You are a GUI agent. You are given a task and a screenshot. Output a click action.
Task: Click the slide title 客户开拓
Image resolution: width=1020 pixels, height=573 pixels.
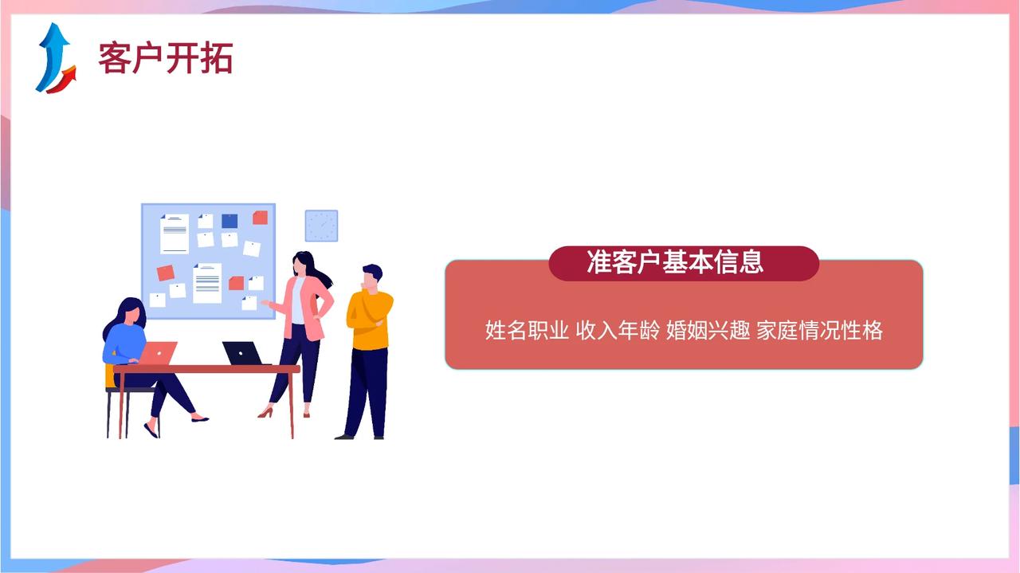click(165, 58)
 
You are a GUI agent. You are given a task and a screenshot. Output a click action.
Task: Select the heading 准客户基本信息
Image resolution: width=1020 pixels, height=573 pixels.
click(675, 262)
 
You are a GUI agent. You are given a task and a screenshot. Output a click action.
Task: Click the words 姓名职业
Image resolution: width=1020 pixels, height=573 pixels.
click(527, 330)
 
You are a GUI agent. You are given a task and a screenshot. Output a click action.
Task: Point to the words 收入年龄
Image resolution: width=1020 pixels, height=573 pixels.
click(618, 330)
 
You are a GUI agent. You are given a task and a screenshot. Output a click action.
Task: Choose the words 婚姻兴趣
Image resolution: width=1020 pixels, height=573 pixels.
click(708, 330)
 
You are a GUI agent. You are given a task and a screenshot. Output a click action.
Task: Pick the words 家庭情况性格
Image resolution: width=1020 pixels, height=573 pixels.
click(820, 330)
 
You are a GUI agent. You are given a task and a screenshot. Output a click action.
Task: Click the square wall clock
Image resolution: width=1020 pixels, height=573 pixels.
click(321, 226)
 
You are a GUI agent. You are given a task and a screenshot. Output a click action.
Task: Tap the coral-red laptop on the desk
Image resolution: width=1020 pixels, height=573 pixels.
click(157, 353)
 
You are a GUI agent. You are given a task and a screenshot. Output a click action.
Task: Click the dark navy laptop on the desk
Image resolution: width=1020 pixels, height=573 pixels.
click(244, 354)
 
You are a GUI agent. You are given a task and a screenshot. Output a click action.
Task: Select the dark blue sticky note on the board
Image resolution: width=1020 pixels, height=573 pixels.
click(229, 221)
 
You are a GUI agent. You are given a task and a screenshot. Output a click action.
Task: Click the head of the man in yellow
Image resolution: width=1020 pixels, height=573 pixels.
click(371, 277)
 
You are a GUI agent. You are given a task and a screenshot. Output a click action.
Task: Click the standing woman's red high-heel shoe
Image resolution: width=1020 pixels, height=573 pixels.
click(265, 413)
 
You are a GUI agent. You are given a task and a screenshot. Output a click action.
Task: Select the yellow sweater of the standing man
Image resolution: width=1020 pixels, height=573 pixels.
click(370, 320)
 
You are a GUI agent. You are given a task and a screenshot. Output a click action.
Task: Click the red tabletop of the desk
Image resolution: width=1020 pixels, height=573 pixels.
click(206, 369)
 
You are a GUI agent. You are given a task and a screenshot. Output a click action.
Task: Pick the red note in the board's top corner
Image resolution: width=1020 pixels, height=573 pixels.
click(260, 218)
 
